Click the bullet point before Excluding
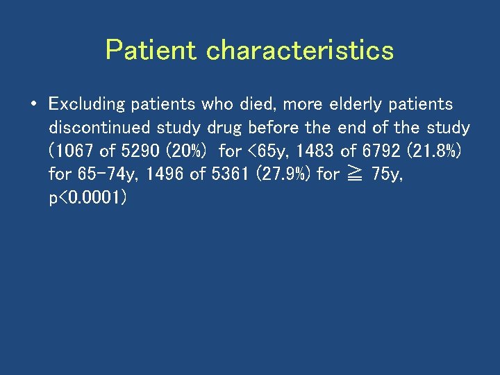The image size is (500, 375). (33, 105)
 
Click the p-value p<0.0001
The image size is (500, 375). (87, 198)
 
